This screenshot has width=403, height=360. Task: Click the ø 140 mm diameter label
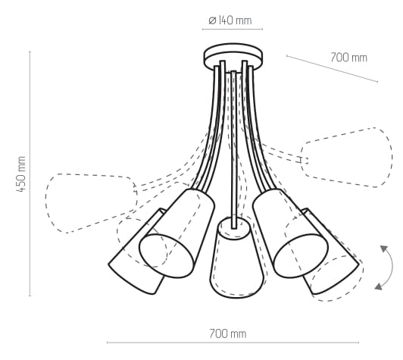click(x=230, y=20)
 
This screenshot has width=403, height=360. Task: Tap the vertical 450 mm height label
click(x=21, y=174)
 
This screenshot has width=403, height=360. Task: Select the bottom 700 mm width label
click(x=228, y=333)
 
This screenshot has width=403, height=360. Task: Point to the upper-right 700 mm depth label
click(x=348, y=58)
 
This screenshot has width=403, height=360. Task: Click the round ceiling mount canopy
click(x=233, y=57)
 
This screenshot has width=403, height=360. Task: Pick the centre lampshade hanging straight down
click(x=236, y=257)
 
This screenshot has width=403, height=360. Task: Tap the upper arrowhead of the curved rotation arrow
click(x=384, y=249)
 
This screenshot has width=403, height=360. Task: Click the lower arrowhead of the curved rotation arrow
click(x=378, y=286)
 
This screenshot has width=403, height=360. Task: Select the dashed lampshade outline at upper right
click(x=347, y=157)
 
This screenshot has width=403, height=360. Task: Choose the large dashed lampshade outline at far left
click(x=91, y=203)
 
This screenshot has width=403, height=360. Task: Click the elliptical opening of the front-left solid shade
click(x=167, y=256)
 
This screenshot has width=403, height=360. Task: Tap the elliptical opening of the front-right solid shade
click(x=301, y=255)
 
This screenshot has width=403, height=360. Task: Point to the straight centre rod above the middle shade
click(x=233, y=149)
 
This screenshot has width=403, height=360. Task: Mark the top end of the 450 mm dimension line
click(x=30, y=52)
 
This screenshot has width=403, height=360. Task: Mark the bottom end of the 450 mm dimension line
click(x=30, y=296)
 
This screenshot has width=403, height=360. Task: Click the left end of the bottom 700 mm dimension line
click(x=107, y=343)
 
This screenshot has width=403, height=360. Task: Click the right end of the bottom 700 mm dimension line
click(x=359, y=343)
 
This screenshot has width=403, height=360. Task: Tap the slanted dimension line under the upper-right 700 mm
click(x=332, y=69)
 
